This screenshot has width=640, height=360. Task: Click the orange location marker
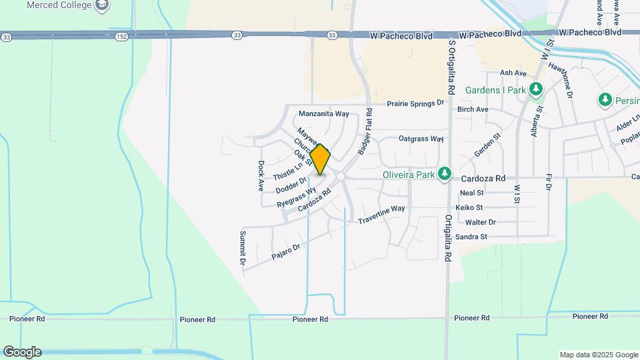pyautogui.click(x=321, y=160)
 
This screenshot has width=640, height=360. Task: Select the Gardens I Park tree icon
pyautogui.click(x=535, y=89)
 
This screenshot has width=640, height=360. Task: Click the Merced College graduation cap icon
pyautogui.click(x=102, y=6)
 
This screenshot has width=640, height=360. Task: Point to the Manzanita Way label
pyautogui.click(x=324, y=114)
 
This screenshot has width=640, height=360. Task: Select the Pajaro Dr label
pyautogui.click(x=286, y=251)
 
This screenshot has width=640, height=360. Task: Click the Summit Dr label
pyautogui.click(x=243, y=249)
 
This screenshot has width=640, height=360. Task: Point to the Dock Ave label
pyautogui.click(x=261, y=175)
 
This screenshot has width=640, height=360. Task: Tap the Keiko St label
pyautogui.click(x=469, y=207)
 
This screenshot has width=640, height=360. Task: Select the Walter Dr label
pyautogui.click(x=481, y=222)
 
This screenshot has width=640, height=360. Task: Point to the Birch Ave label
pyautogui.click(x=473, y=109)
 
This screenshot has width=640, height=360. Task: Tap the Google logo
pyautogui.click(x=22, y=352)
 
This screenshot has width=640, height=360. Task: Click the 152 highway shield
pyautogui.click(x=121, y=35)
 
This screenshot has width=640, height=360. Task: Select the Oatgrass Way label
pyautogui.click(x=421, y=139)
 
